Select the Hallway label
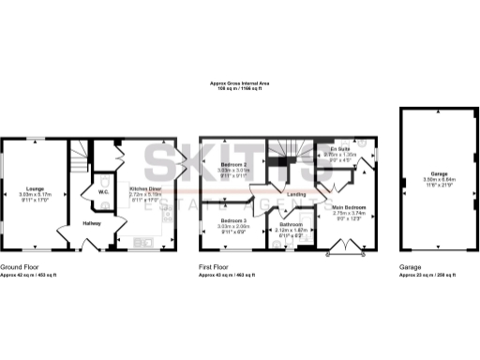pos(92,223)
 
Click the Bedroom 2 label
pos(231,163)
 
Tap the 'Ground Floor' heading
pos(20,267)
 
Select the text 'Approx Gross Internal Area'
pos(239,83)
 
